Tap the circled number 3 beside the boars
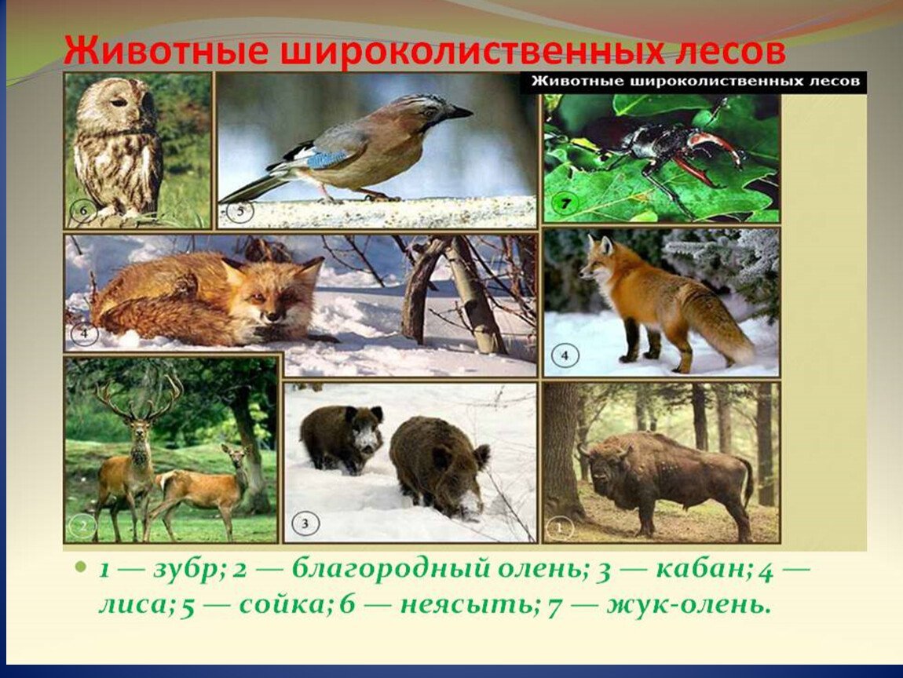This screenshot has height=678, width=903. (305, 523)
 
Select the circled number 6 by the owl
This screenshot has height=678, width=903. (83, 210)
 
